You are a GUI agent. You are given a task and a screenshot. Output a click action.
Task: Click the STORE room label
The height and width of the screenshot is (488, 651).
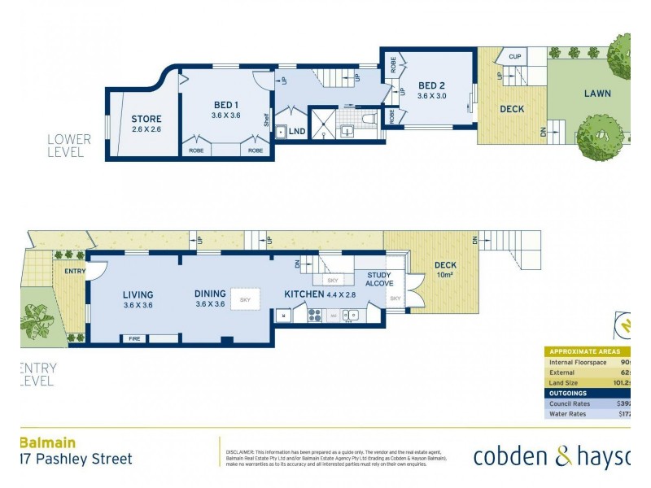coord(146,120)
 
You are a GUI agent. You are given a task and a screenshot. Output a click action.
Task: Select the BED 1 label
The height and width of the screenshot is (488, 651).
coord(225,105)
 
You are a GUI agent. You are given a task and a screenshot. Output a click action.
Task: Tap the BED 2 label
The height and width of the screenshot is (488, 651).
coord(432,85)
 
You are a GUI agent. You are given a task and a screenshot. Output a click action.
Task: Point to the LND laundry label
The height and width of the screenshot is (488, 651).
coord(297,130)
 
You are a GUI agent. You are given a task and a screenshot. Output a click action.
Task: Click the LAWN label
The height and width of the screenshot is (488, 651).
coord(597,94)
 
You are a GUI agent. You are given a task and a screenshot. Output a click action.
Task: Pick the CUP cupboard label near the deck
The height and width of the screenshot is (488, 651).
coord(514,57)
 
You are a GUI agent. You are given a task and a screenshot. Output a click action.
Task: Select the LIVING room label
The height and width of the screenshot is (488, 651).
coord(138,295)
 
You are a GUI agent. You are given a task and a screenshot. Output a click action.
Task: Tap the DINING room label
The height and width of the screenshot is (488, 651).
coord(209,294)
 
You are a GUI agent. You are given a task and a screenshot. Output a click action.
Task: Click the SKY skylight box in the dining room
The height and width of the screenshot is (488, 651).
coord(245,300)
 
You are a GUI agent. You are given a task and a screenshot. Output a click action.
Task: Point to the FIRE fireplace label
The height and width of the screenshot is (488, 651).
coord(134,339)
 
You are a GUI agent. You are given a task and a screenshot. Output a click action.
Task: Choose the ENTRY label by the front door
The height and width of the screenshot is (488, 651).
coord(74,271)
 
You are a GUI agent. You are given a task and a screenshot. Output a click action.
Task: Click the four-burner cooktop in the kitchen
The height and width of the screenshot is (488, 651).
coord(315,316)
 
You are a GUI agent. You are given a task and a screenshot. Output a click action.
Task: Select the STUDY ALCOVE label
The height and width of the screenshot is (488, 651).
coord(379,279)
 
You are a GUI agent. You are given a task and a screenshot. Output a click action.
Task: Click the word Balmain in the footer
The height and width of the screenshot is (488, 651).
coord(48,442)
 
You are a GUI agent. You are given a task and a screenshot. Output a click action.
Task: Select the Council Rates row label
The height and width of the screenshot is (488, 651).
coord(570,403)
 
